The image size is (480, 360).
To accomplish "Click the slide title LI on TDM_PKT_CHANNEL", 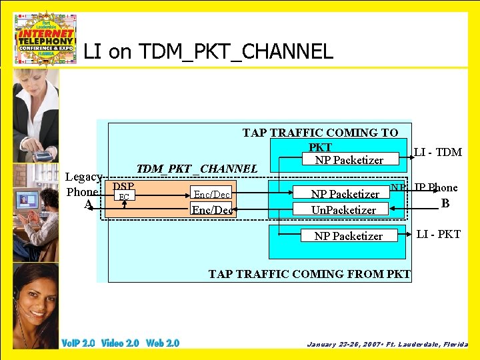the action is click(208, 51).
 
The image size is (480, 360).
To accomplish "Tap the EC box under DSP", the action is click(123, 196).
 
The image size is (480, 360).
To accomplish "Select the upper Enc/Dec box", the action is click(212, 194).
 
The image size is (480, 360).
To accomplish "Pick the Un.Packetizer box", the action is click(344, 209).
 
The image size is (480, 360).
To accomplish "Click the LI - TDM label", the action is click(437, 152).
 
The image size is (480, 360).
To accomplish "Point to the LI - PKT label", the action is click(438, 234).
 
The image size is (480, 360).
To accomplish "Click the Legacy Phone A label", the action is click(84, 191).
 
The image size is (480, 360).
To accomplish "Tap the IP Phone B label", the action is click(437, 195).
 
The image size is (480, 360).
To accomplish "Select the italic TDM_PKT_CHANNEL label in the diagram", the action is click(197, 169).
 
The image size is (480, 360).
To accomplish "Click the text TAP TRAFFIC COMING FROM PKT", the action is click(309, 273).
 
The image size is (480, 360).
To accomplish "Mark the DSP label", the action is click(123, 186).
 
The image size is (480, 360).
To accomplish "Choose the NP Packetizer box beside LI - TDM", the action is click(349, 159).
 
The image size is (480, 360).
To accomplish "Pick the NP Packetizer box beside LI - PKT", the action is click(348, 235).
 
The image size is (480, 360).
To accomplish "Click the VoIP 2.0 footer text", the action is click(78, 343).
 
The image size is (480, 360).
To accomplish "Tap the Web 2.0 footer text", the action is click(163, 343).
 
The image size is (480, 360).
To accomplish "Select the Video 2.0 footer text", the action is click(120, 343).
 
